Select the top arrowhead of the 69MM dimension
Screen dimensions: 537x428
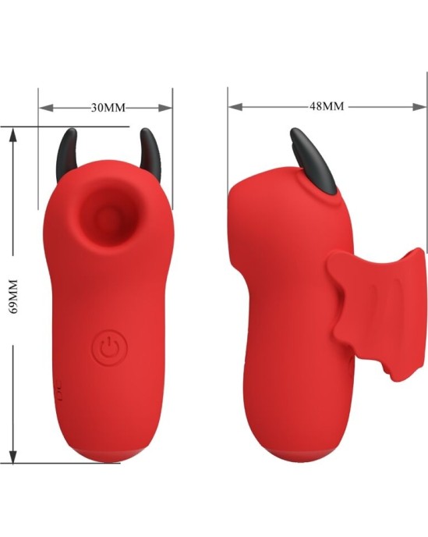point(13,133)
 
